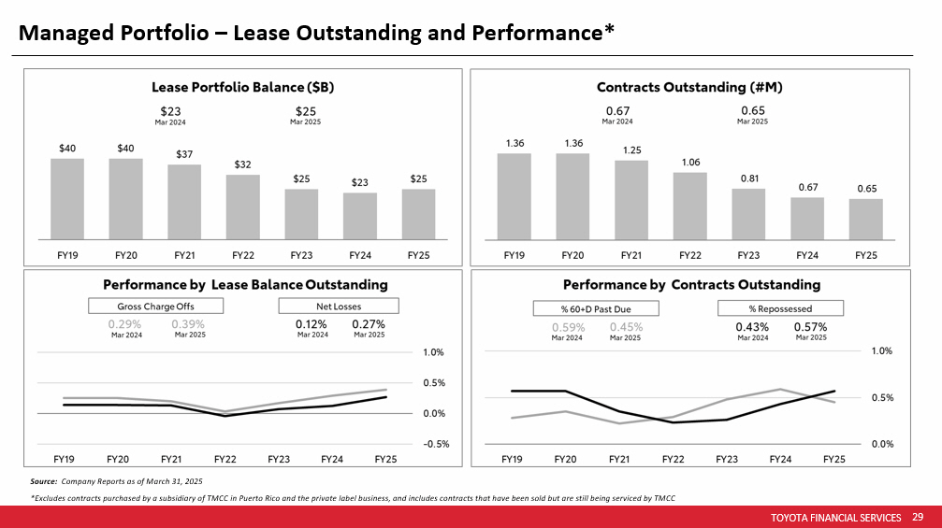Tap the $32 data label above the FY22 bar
(x=243, y=164)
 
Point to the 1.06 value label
(x=690, y=163)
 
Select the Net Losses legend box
(x=339, y=306)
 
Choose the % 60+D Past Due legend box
(x=596, y=308)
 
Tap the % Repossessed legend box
(x=780, y=308)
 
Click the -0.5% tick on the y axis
(x=432, y=444)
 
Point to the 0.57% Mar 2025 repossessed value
(x=810, y=327)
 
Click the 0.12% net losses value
(x=312, y=324)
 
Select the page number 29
(x=918, y=517)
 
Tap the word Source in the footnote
(x=43, y=480)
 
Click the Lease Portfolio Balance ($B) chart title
(x=243, y=87)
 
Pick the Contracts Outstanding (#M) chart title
(x=689, y=87)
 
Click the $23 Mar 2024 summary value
(x=170, y=110)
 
